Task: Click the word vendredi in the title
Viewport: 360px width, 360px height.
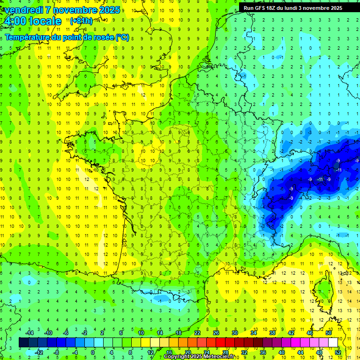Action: tap(23, 10)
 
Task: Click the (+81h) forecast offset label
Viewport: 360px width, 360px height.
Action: tap(81, 21)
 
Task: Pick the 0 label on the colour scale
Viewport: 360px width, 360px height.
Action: tap(93, 352)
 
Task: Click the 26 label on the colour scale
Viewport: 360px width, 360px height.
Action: tap(216, 333)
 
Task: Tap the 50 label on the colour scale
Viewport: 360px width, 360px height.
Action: tap(328, 333)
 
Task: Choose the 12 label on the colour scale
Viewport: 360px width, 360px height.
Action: tap(150, 352)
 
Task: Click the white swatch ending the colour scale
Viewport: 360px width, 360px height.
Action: tap(333, 343)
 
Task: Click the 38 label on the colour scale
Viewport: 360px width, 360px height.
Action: tap(272, 333)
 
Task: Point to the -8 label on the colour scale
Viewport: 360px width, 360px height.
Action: tap(56, 352)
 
